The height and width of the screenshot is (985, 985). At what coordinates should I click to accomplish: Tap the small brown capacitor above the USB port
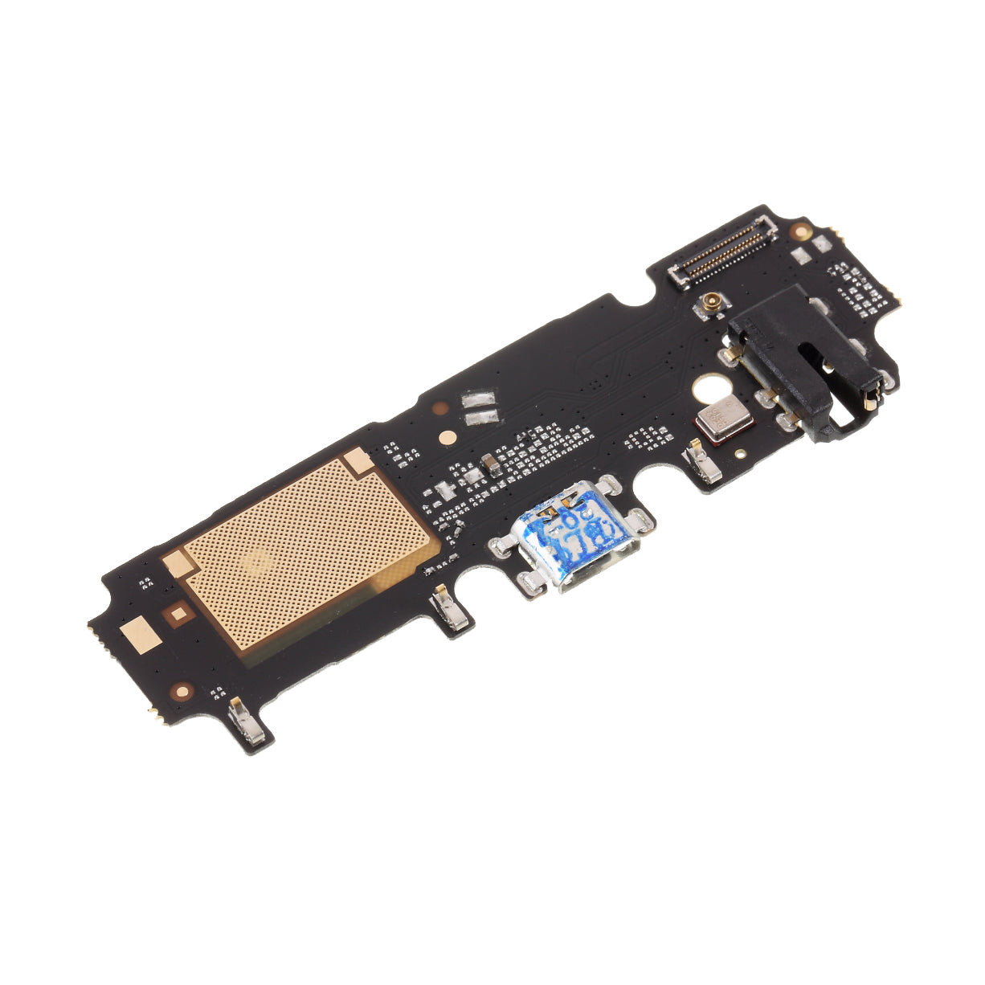click(488, 464)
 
